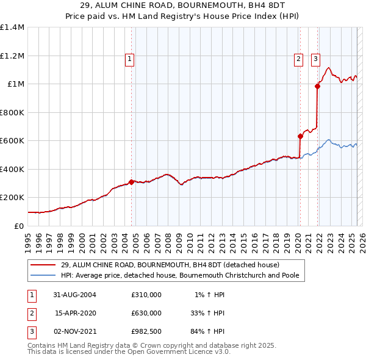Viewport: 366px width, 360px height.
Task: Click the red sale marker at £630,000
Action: coord(300,137)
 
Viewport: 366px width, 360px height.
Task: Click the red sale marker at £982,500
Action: coord(317,87)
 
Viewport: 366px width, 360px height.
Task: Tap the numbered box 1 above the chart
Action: coord(131,59)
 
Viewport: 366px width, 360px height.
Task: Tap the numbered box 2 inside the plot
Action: coord(298,59)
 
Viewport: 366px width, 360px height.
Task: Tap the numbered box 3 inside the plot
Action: coord(315,59)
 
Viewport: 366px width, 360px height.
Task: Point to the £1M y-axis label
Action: coord(16,84)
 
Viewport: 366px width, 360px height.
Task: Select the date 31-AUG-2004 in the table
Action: coord(75,295)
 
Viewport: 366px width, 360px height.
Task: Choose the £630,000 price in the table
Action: coord(146,313)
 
